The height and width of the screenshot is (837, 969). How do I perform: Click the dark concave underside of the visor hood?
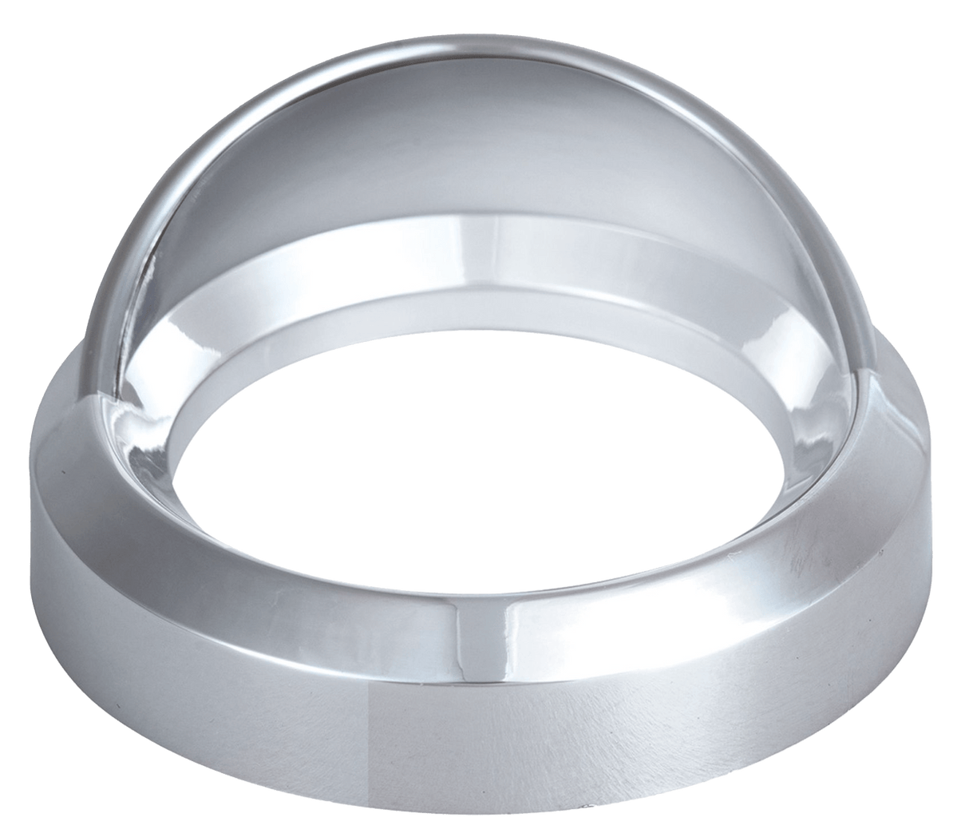point(447,160)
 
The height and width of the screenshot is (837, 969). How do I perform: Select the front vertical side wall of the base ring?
point(479,743)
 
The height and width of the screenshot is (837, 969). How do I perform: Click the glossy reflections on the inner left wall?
point(160,415)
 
